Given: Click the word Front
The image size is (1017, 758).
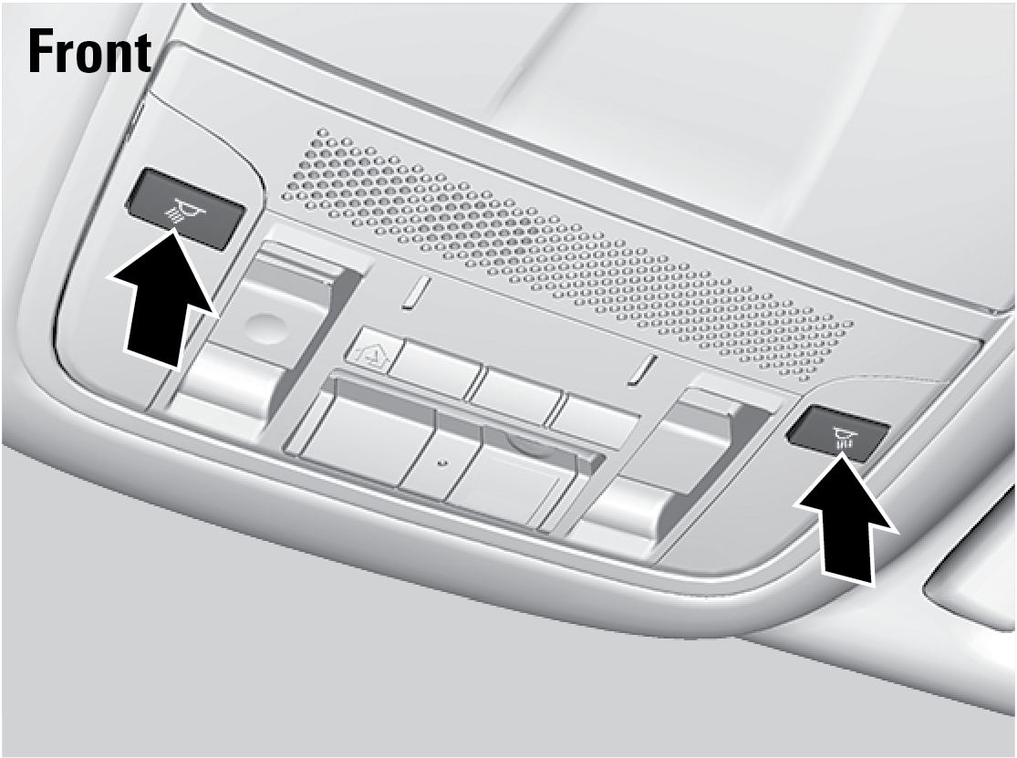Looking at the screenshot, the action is pyautogui.click(x=89, y=51).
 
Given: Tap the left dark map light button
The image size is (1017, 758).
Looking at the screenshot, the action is pyautogui.click(x=185, y=208).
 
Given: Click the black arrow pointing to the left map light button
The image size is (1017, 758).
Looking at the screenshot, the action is pyautogui.click(x=163, y=299).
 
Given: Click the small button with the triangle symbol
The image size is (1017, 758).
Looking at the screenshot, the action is pyautogui.click(x=369, y=353).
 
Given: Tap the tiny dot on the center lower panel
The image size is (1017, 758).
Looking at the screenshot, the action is pyautogui.click(x=441, y=462).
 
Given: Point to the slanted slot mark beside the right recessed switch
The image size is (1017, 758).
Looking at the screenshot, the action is pyautogui.click(x=643, y=371).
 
